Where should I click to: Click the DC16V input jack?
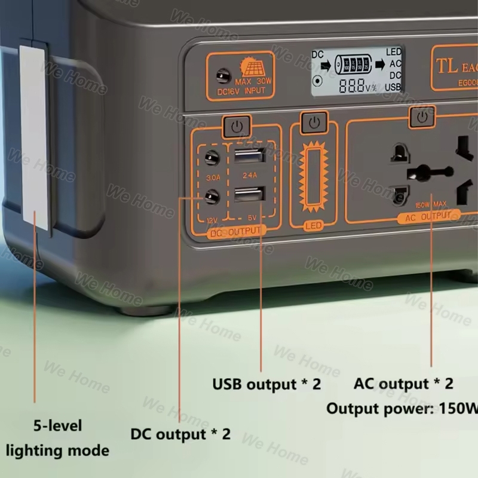223,77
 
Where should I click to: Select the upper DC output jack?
210,157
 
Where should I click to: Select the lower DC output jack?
210,195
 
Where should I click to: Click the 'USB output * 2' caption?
266,384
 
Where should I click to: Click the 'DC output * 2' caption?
180,434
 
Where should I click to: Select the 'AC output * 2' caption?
403,384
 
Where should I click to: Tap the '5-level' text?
57,426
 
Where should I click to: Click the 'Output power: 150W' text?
402,409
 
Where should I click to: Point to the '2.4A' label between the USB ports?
249,175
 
